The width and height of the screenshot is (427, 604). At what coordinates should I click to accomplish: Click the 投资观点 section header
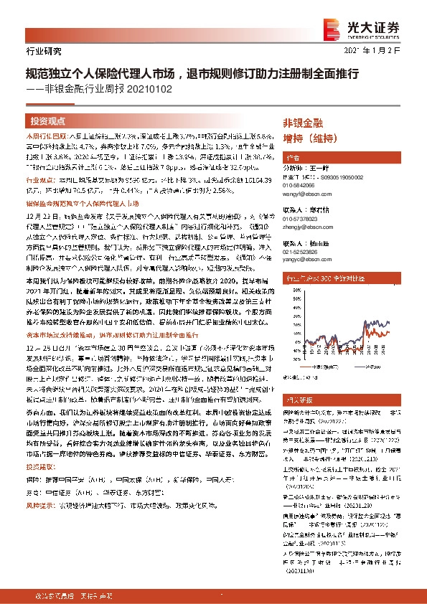tap(48, 121)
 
